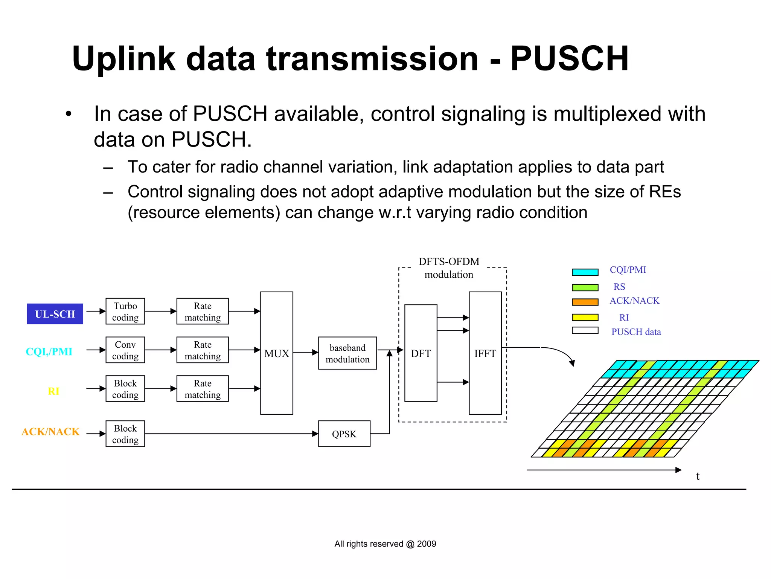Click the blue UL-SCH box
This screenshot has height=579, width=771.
click(x=55, y=314)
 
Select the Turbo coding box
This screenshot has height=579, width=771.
click(x=125, y=311)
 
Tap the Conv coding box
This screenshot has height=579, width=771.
click(x=125, y=350)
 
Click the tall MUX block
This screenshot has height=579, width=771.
click(x=276, y=353)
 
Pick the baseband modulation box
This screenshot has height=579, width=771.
click(x=347, y=353)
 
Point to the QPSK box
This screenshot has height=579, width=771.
click(x=344, y=434)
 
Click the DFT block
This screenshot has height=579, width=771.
click(x=421, y=353)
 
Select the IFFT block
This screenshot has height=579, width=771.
click(x=485, y=353)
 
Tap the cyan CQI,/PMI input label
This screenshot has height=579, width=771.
click(x=49, y=351)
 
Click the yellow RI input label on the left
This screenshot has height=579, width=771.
click(x=53, y=391)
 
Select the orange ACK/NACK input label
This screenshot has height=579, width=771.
click(x=50, y=431)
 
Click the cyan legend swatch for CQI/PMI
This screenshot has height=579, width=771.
click(x=585, y=272)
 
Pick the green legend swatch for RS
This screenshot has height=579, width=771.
click(x=585, y=287)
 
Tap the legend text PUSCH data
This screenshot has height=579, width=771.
click(x=636, y=332)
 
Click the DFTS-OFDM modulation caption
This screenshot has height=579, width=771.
click(x=449, y=268)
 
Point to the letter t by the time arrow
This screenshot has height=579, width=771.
click(x=698, y=476)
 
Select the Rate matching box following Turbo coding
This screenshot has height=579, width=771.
click(x=203, y=311)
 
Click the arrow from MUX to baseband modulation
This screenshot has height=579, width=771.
click(x=305, y=353)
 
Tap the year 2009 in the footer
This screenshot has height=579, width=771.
click(x=427, y=544)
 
